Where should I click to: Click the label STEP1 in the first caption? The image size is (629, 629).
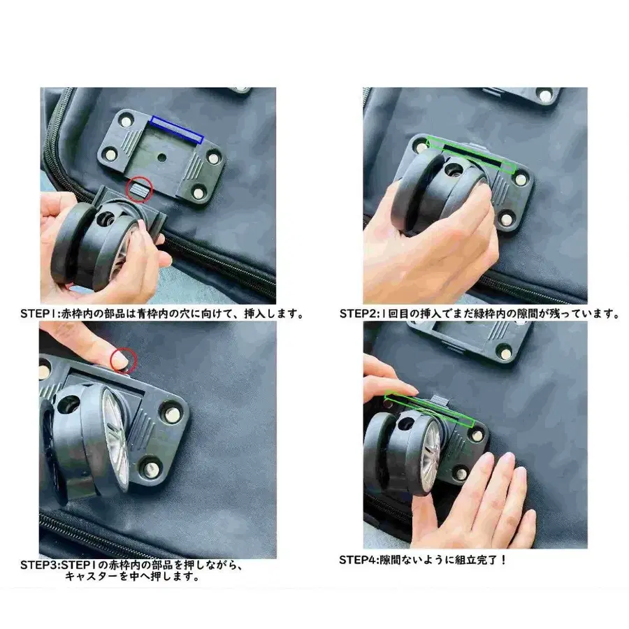pyautogui.click(x=38, y=314)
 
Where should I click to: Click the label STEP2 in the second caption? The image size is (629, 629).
pyautogui.click(x=358, y=314)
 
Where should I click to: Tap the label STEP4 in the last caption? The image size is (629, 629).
pyautogui.click(x=357, y=560)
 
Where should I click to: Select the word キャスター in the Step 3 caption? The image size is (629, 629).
pyautogui.click(x=92, y=577)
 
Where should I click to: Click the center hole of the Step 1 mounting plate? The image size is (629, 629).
pyautogui.click(x=161, y=157)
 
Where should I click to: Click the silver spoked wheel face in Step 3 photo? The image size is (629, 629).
pyautogui.click(x=116, y=438)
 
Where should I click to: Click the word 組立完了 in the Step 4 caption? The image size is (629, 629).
pyautogui.click(x=477, y=560)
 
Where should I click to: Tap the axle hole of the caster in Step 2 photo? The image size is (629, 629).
pyautogui.click(x=454, y=169)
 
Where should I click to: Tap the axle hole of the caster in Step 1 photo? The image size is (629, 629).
pyautogui.click(x=106, y=219)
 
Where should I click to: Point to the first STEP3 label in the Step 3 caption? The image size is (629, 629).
pyautogui.click(x=39, y=565)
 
